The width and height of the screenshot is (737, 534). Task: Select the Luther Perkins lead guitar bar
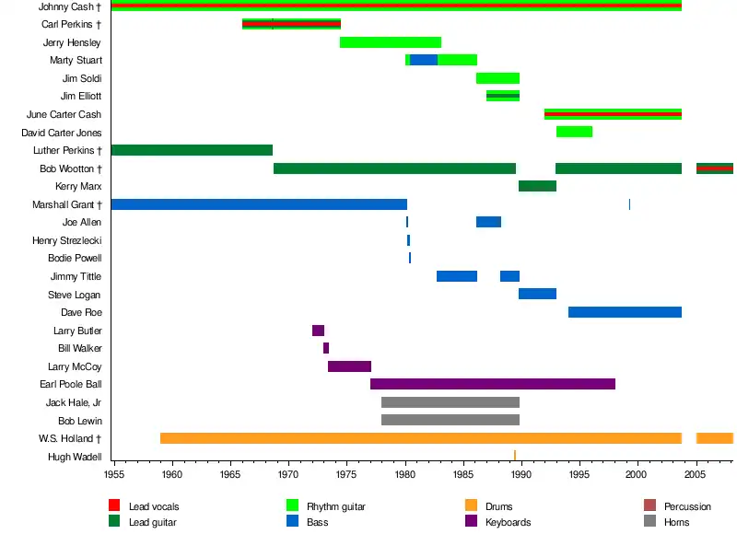pos(192,150)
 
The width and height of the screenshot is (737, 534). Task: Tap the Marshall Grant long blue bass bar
pos(258,204)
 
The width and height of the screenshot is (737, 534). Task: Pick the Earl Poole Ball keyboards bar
pos(492,384)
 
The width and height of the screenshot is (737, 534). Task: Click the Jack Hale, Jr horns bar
pos(450,402)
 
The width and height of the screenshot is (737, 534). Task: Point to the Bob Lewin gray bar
pos(450,420)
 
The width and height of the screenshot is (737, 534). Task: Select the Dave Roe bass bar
pos(625,312)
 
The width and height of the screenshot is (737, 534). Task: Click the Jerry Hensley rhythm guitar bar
pos(391,42)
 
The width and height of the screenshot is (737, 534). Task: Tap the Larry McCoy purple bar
pos(349,366)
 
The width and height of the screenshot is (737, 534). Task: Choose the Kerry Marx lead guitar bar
pos(537,186)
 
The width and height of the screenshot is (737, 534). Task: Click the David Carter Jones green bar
pos(574,132)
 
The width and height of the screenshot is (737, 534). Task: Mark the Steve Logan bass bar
pos(537,294)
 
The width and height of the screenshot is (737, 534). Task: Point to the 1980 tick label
pos(405,474)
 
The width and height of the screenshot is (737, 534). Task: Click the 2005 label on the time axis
pos(696,474)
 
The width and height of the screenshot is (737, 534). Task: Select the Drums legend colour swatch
pos(472,505)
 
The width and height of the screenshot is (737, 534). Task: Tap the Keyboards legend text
pos(508,522)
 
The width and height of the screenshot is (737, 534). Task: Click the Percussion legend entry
pos(687,506)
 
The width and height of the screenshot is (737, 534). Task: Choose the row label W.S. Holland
pos(69,438)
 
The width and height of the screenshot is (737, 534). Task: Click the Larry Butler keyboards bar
pos(318,331)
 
